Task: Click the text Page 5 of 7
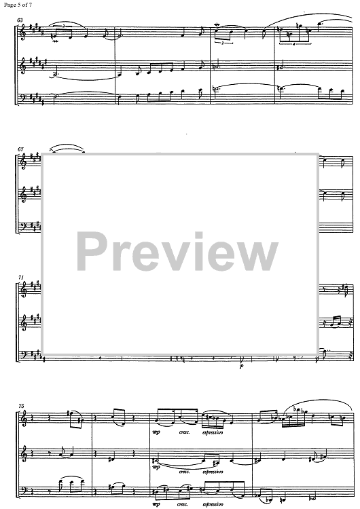18,5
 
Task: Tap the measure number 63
20,20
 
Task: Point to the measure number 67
20,149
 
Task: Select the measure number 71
21,278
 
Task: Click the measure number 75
21,406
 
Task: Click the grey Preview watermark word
177,252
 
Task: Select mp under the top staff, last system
156,432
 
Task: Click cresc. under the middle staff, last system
184,472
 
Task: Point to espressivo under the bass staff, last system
213,504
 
